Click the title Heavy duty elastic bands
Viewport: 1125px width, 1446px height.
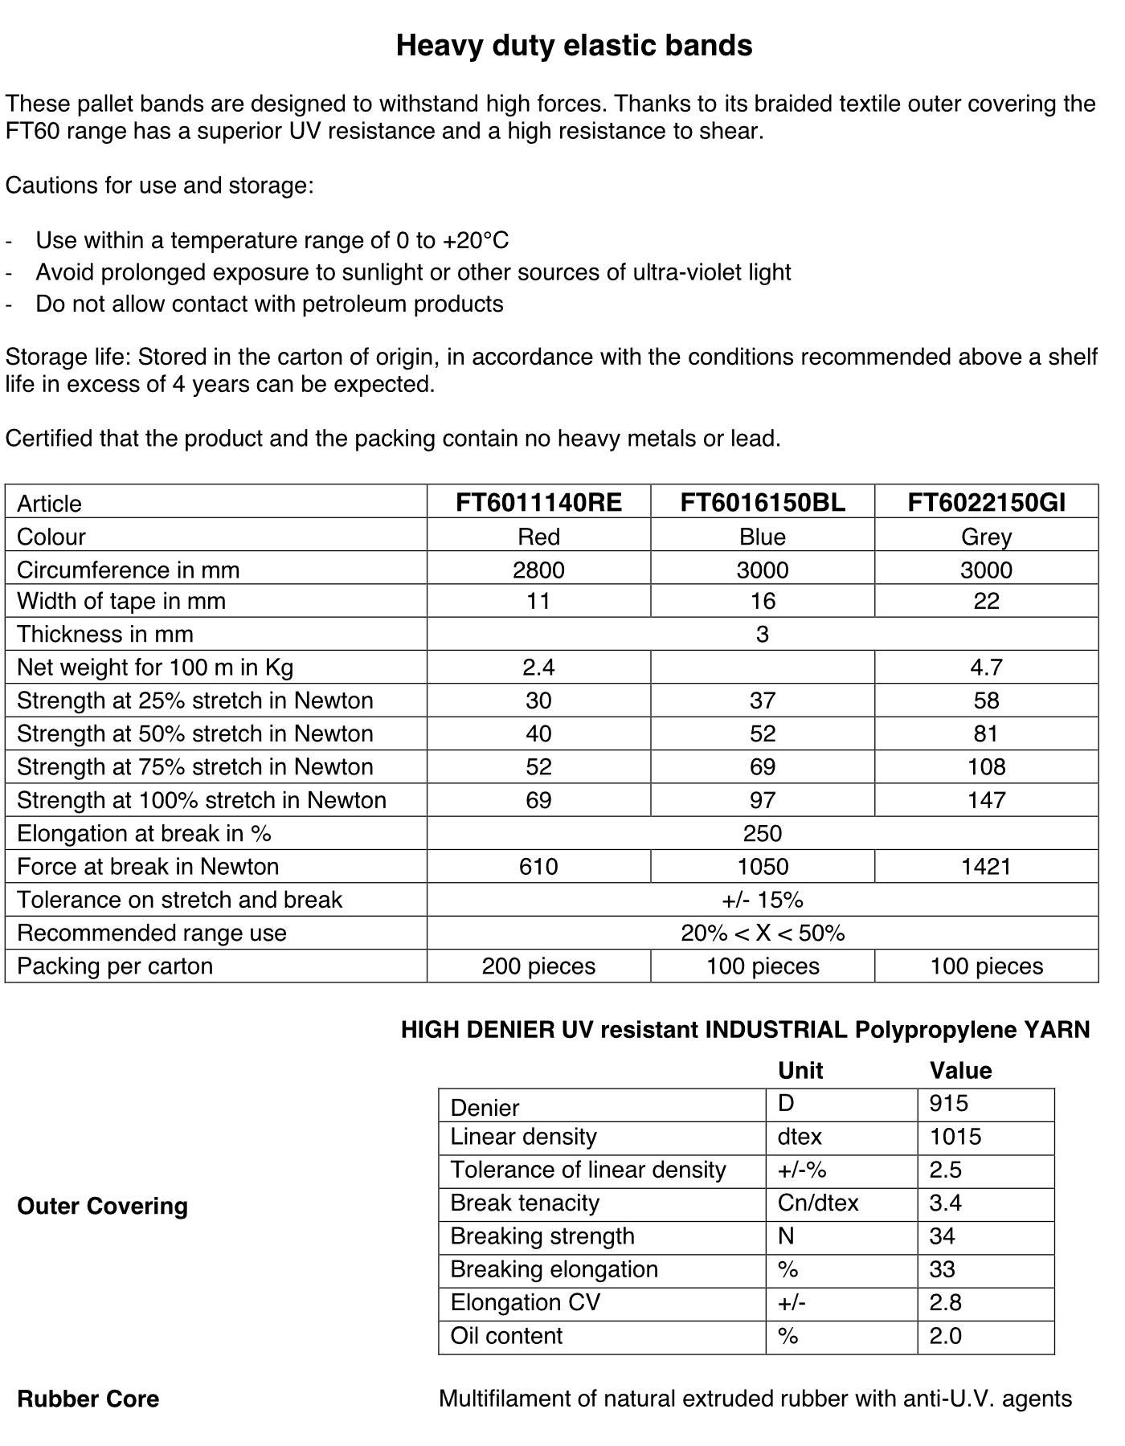point(574,46)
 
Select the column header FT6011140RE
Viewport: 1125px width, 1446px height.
point(538,503)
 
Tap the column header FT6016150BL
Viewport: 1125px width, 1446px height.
point(763,503)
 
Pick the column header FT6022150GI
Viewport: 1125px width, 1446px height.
point(986,503)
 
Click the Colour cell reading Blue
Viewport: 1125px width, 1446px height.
point(763,537)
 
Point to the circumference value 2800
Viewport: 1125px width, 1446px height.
point(538,570)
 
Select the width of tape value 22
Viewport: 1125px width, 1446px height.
point(986,601)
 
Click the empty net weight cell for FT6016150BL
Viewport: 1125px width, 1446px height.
point(763,667)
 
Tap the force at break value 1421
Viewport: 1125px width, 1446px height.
point(986,866)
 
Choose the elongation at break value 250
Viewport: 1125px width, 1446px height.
point(763,833)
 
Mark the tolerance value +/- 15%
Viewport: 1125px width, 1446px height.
point(763,900)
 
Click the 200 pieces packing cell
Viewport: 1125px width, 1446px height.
point(538,966)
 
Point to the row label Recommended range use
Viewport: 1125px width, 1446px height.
point(152,933)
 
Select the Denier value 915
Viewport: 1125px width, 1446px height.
point(949,1104)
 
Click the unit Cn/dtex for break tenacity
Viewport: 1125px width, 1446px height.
point(818,1203)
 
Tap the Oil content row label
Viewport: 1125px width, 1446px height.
point(506,1336)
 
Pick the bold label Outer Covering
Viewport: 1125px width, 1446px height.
point(102,1206)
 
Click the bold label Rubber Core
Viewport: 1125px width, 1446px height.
point(88,1399)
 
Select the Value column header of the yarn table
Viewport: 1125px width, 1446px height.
point(960,1070)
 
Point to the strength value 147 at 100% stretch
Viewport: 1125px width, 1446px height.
point(986,800)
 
